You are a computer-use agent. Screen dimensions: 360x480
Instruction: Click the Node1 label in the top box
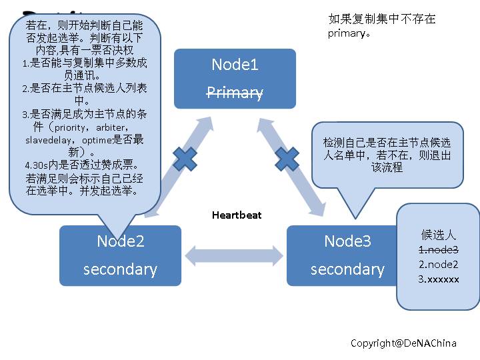point(235,65)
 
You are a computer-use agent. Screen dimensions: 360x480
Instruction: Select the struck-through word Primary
point(235,93)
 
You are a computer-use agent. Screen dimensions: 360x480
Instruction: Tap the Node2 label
point(121,241)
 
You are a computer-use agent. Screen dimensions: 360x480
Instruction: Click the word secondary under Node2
point(121,269)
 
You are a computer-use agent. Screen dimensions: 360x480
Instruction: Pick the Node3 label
point(347,241)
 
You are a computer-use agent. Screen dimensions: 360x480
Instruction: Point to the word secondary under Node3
point(347,269)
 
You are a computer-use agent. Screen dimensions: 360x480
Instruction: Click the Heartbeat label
point(237,215)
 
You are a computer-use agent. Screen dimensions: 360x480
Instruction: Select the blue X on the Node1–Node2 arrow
point(185,159)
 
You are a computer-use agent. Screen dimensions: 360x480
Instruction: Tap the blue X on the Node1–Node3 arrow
point(287,159)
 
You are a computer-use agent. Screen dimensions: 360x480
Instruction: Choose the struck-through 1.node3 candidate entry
point(438,249)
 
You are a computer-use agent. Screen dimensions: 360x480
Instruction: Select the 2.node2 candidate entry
point(438,264)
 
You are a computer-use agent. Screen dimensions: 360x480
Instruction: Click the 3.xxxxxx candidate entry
point(438,279)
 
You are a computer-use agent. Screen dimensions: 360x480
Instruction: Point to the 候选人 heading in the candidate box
point(438,234)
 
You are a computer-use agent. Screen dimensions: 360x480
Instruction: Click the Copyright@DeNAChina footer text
point(403,343)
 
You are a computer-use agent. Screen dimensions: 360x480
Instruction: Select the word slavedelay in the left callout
point(47,140)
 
